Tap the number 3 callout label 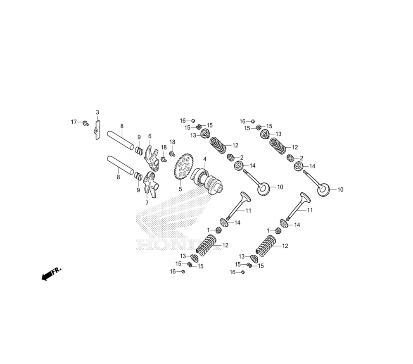(97, 113)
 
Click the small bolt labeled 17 (85, 123)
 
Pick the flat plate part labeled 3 (97, 129)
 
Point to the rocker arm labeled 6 (152, 159)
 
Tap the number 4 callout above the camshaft (204, 159)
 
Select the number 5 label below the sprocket (180, 189)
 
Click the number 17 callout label (74, 122)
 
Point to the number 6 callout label (150, 136)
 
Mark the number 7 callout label (147, 203)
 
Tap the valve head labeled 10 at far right (323, 190)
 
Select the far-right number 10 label (340, 190)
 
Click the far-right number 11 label (310, 210)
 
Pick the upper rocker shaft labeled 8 (121, 140)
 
